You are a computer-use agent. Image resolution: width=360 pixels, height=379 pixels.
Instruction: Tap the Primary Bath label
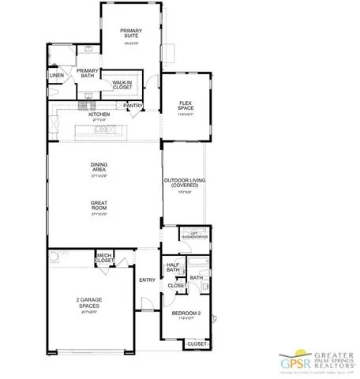click(88, 73)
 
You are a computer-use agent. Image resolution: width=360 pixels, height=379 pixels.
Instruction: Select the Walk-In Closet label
click(122, 84)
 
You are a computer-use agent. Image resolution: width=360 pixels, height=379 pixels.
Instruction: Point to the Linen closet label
click(56, 76)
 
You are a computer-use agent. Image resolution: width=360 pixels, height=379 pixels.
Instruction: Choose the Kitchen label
click(99, 114)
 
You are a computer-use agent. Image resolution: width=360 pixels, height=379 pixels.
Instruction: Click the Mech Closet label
click(104, 258)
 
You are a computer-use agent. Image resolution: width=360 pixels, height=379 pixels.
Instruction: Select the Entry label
click(147, 280)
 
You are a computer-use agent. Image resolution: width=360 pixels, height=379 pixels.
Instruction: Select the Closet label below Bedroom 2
click(197, 344)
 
